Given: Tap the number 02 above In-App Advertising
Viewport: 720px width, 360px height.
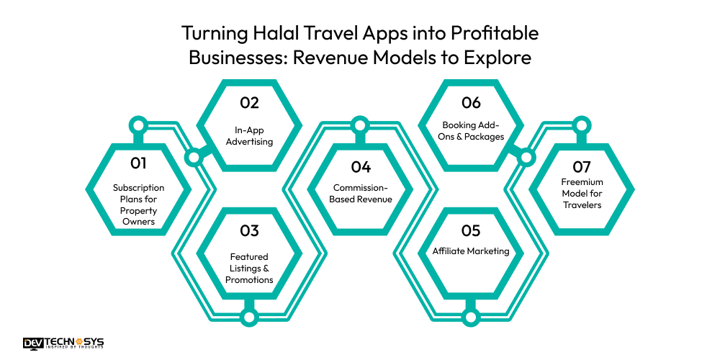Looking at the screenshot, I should click(249, 103).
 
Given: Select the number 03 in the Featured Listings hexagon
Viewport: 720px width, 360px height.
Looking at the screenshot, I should click(249, 231).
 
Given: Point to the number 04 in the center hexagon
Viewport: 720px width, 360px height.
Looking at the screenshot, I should click(361, 167).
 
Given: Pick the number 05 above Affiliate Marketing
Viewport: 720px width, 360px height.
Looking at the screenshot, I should click(471, 231).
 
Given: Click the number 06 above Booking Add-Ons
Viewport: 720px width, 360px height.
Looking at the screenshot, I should click(471, 103).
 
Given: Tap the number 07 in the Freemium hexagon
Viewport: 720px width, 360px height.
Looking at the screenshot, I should click(582, 167).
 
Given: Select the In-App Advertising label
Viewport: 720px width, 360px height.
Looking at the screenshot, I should click(249, 136).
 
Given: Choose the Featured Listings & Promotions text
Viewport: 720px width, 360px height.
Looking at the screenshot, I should click(249, 268).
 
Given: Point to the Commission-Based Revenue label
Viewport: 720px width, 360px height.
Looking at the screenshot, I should click(361, 194).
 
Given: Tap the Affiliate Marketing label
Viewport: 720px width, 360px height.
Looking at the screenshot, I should click(471, 251).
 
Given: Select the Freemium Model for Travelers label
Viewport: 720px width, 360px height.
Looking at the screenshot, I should click(582, 194).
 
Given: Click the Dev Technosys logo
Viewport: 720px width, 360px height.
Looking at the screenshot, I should click(63, 343).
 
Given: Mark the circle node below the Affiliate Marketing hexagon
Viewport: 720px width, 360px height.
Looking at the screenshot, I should click(471, 316).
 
